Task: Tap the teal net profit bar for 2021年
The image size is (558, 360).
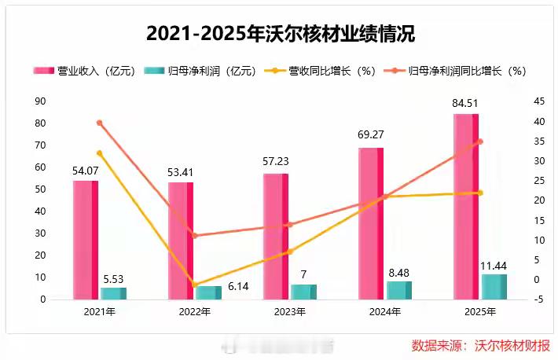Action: tap(113, 293)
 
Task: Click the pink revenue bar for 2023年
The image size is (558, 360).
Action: tap(275, 236)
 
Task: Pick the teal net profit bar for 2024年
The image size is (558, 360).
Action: tap(398, 290)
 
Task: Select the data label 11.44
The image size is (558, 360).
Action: tap(494, 266)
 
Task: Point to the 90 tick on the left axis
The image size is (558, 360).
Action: tap(40, 101)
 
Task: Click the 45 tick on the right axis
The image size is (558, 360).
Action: tap(517, 101)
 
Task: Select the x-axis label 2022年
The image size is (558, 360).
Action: tap(194, 313)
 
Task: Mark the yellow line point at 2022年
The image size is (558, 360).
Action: tap(194, 285)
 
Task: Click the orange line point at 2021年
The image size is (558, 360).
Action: tap(99, 123)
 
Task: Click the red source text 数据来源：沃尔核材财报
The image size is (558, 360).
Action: tap(481, 345)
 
